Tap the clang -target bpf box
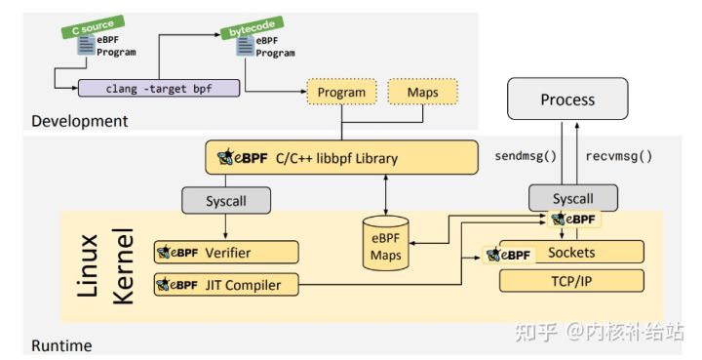point(158,88)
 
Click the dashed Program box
point(341,94)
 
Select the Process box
point(566,100)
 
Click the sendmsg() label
point(526,155)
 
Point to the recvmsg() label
point(619,155)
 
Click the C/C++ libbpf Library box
point(341,158)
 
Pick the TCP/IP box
point(572,281)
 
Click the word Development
point(79,121)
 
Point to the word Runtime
point(62,345)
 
